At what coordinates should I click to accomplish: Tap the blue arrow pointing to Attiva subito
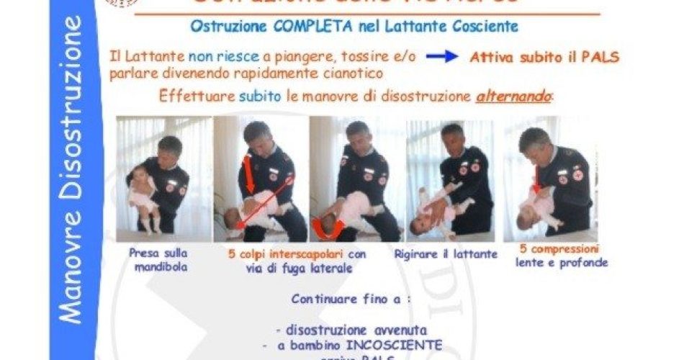click(x=441, y=56)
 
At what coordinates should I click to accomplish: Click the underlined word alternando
click(x=512, y=96)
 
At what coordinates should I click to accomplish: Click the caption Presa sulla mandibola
click(x=159, y=260)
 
